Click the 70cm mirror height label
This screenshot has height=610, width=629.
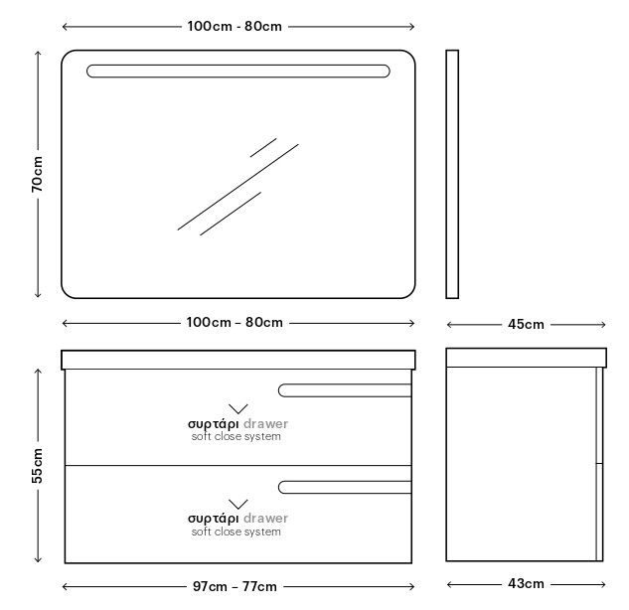click(37, 174)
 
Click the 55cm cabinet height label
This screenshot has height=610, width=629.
click(37, 466)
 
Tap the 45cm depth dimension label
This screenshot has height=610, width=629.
click(526, 324)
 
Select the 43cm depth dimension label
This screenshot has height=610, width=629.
click(526, 583)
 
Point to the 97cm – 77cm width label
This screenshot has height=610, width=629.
click(235, 586)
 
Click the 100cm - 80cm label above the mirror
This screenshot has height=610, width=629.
click(235, 27)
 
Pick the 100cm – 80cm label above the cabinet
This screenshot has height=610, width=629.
click(235, 323)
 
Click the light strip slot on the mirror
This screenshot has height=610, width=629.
click(238, 71)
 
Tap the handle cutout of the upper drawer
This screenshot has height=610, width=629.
click(345, 390)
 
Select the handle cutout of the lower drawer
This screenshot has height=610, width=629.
click(345, 487)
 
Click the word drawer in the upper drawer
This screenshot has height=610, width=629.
click(265, 424)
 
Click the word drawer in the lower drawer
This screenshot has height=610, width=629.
click(265, 519)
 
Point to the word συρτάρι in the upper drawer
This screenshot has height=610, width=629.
click(213, 424)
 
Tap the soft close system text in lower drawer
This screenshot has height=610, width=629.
click(236, 532)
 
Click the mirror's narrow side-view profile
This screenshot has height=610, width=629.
click(452, 174)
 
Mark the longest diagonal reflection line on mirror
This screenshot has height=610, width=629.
click(238, 187)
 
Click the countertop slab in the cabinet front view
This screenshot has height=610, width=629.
click(238, 360)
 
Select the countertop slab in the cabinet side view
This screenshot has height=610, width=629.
click(527, 358)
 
